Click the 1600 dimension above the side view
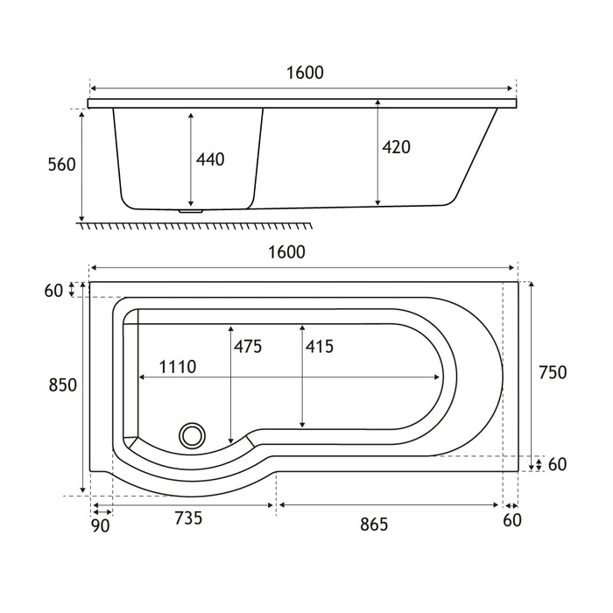[x=305, y=73]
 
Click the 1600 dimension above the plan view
[x=286, y=252]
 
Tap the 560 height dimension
[x=62, y=165]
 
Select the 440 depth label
[x=210, y=159]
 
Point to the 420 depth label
[x=396, y=147]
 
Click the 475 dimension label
[x=248, y=347]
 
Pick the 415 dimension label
[x=320, y=347]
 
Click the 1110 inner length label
[x=178, y=367]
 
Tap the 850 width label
[x=62, y=385]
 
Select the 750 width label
[x=553, y=372]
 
